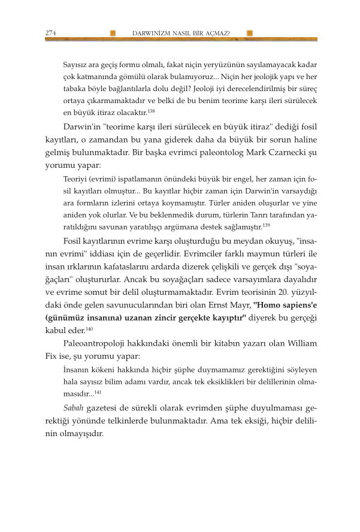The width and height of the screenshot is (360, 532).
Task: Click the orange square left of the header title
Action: [111, 33]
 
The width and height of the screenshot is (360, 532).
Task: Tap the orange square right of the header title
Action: [250, 33]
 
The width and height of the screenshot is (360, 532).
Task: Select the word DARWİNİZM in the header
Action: [152, 33]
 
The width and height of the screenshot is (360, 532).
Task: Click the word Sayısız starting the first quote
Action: [76, 64]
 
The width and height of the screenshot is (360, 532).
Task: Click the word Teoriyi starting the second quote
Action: [76, 179]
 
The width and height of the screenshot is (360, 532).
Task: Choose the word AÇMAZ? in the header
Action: [226, 33]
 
